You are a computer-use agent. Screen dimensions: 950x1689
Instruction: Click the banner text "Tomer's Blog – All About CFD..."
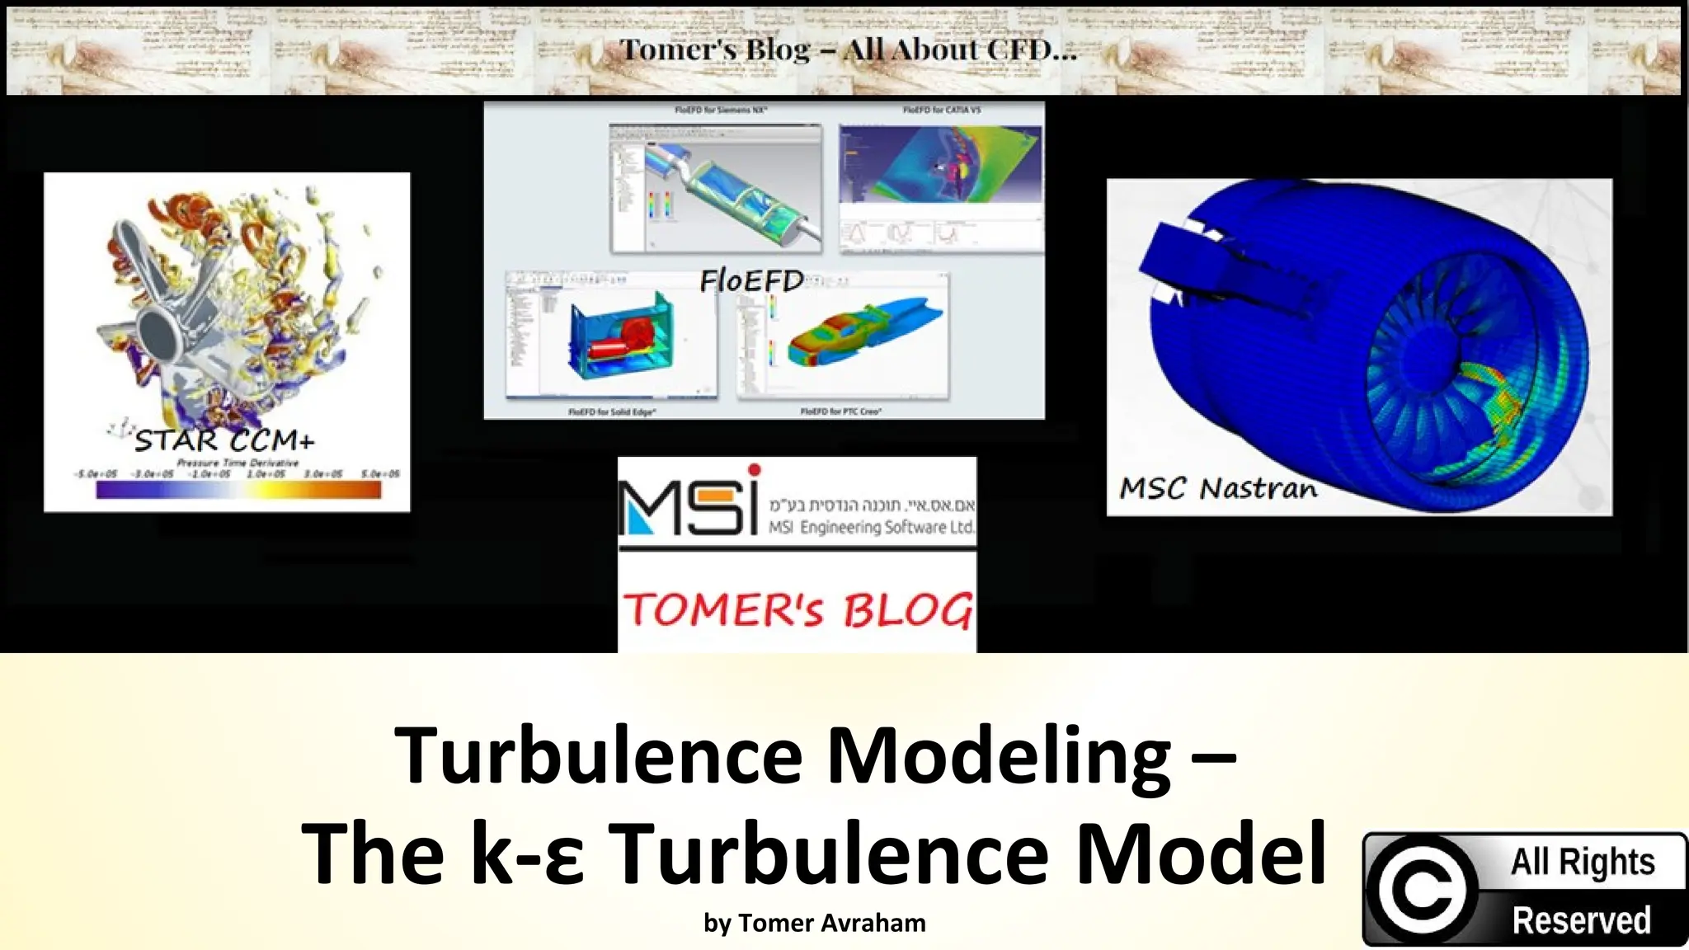tap(848, 49)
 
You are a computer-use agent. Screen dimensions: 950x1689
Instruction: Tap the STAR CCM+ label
tap(224, 440)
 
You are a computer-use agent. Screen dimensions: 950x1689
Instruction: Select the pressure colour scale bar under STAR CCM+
tap(238, 490)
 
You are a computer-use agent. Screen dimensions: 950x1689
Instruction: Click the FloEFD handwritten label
tap(751, 281)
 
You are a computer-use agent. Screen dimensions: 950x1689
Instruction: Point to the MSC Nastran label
tap(1218, 488)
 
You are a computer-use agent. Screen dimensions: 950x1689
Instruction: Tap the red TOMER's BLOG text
tap(797, 610)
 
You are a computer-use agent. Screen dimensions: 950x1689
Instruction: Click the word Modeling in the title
tap(999, 756)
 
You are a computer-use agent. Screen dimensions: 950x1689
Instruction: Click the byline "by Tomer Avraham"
tap(815, 923)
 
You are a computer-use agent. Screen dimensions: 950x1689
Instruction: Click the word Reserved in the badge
tap(1581, 920)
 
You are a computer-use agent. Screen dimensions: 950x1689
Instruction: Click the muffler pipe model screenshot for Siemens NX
tap(716, 189)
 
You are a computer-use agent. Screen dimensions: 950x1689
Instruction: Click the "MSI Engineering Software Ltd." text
tap(871, 527)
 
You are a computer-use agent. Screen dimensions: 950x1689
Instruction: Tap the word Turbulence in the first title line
tap(599, 756)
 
